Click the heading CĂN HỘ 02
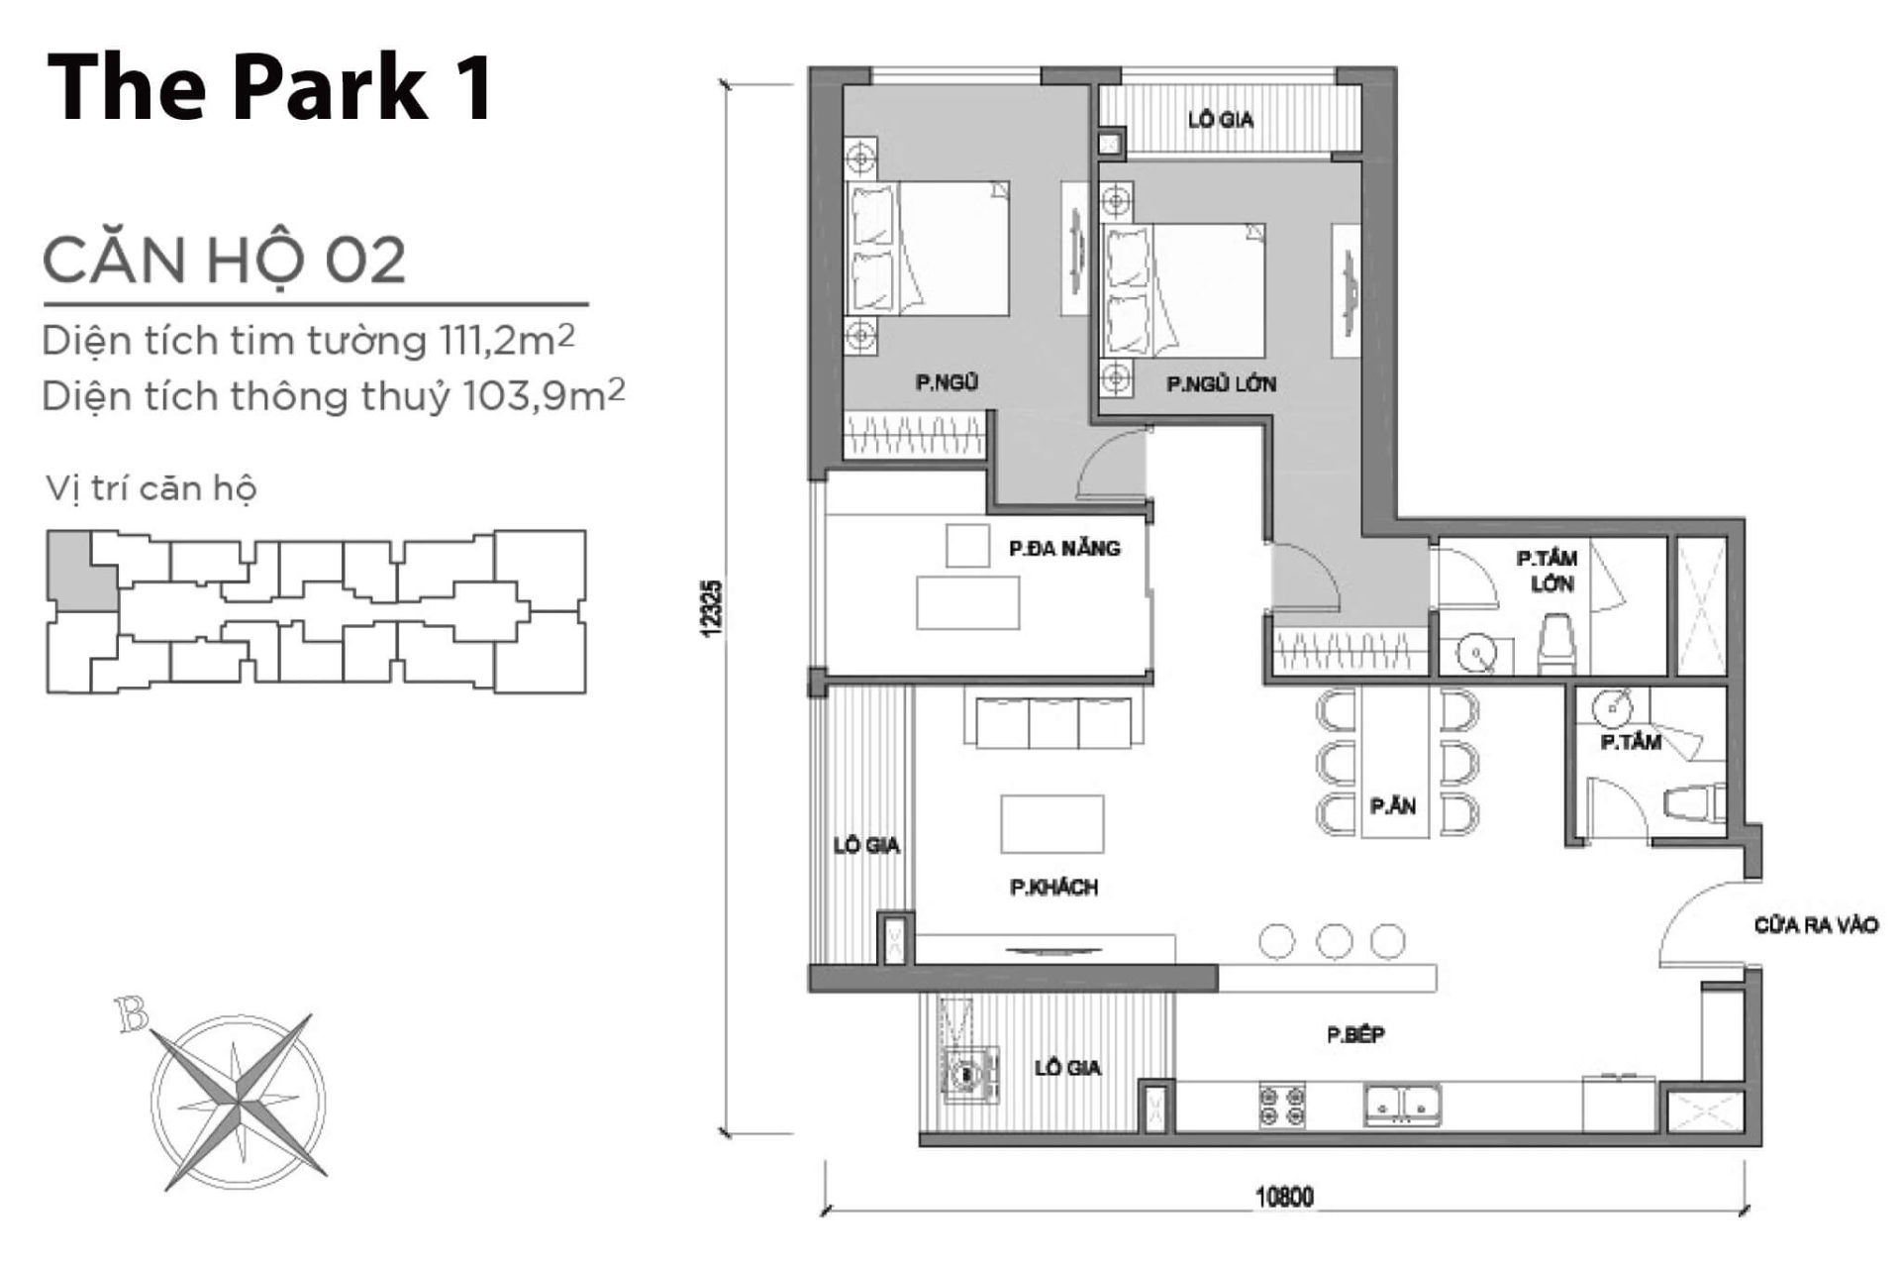(224, 260)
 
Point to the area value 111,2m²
(504, 341)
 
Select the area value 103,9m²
(544, 396)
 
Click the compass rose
(238, 1099)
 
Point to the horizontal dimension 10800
(1284, 1197)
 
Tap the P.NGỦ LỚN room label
(1221, 384)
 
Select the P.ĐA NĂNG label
(1064, 548)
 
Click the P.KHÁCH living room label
(1053, 888)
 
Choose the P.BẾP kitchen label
(1355, 1035)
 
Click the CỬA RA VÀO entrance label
(1816, 925)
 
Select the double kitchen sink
(1403, 1105)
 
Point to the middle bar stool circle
(1335, 941)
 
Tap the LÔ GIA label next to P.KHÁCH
(866, 845)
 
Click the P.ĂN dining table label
(1393, 806)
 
